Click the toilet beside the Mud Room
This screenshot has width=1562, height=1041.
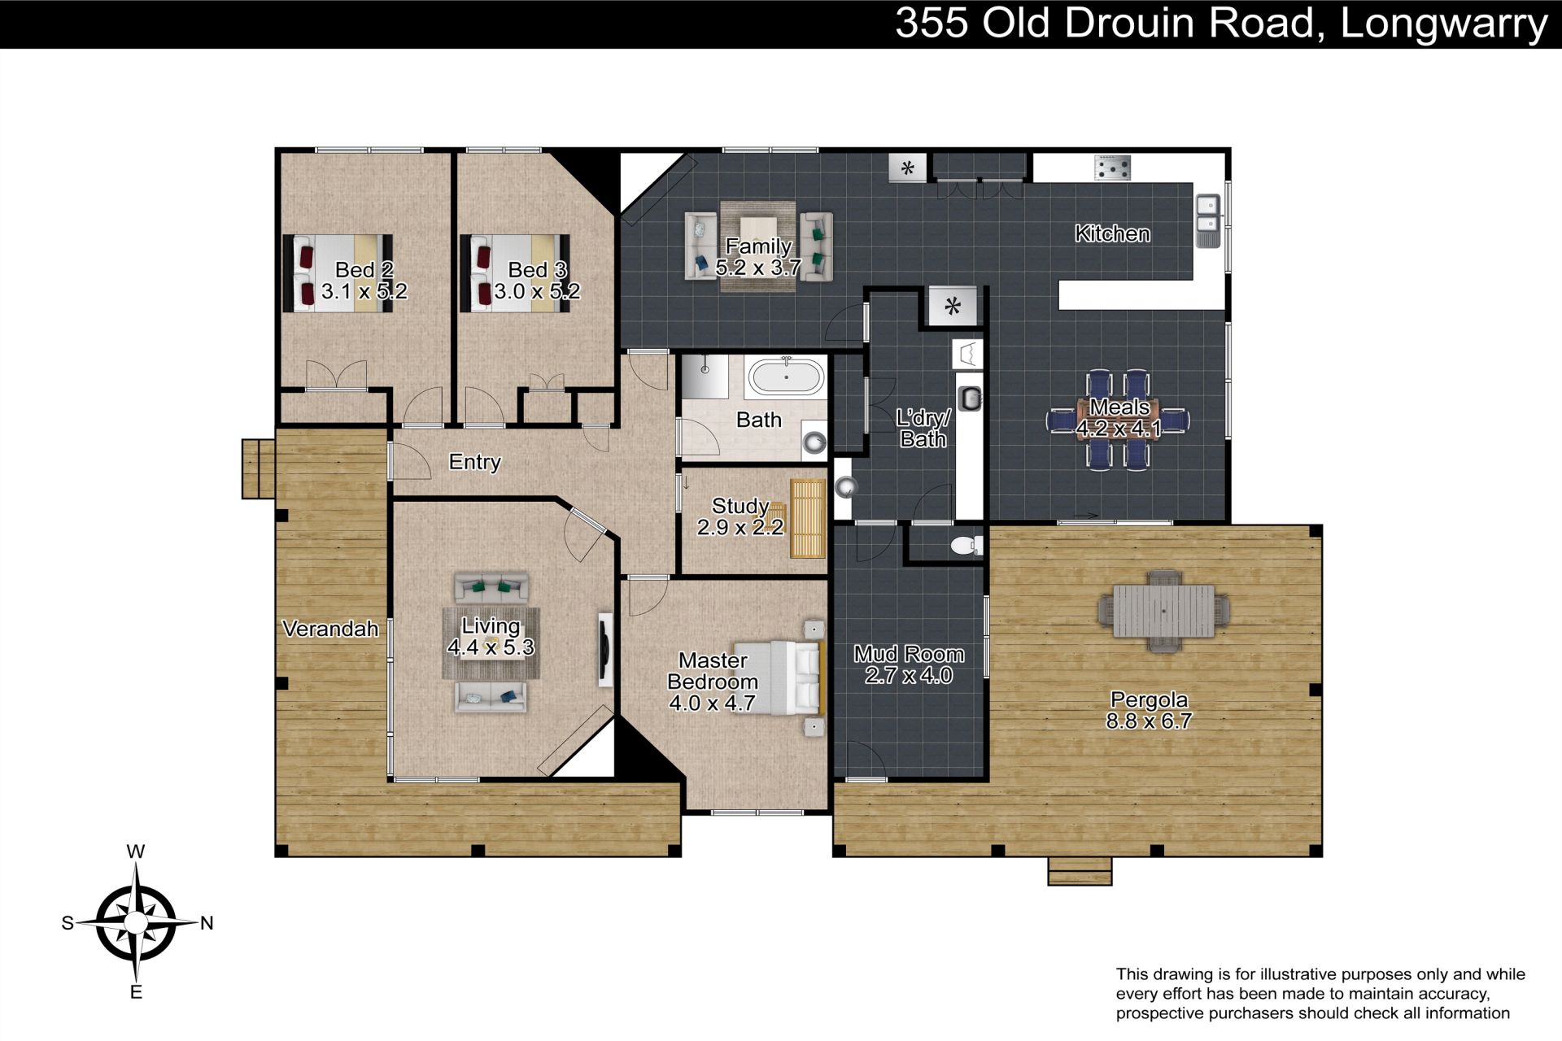click(966, 545)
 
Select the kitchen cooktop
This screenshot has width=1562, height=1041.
click(1112, 168)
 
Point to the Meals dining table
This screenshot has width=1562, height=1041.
click(1119, 420)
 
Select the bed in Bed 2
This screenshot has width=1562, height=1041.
click(338, 273)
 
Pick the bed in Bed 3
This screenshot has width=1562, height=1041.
click(515, 273)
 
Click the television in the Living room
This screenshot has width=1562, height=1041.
click(605, 650)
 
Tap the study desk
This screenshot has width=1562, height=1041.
click(807, 518)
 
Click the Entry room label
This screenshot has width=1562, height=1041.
click(475, 462)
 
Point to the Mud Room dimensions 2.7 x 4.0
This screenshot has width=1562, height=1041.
click(909, 675)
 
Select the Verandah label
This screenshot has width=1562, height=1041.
click(330, 629)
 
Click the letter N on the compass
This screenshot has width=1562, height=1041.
click(207, 923)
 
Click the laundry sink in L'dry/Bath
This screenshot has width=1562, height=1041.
click(971, 398)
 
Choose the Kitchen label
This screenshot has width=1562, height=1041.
click(1112, 234)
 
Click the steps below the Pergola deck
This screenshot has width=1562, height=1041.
click(1080, 871)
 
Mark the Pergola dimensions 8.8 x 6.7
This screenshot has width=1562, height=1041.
click(1149, 721)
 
